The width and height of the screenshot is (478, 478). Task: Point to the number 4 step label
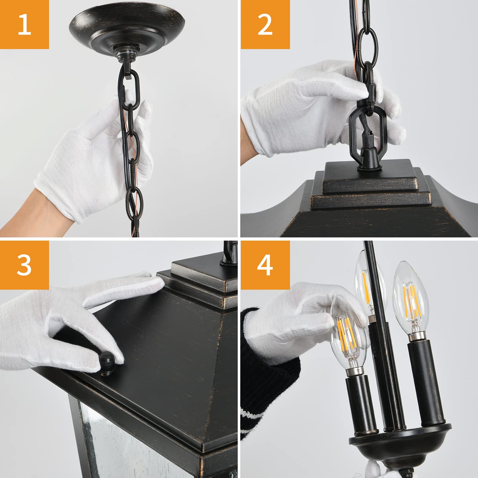pyautogui.click(x=265, y=265)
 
